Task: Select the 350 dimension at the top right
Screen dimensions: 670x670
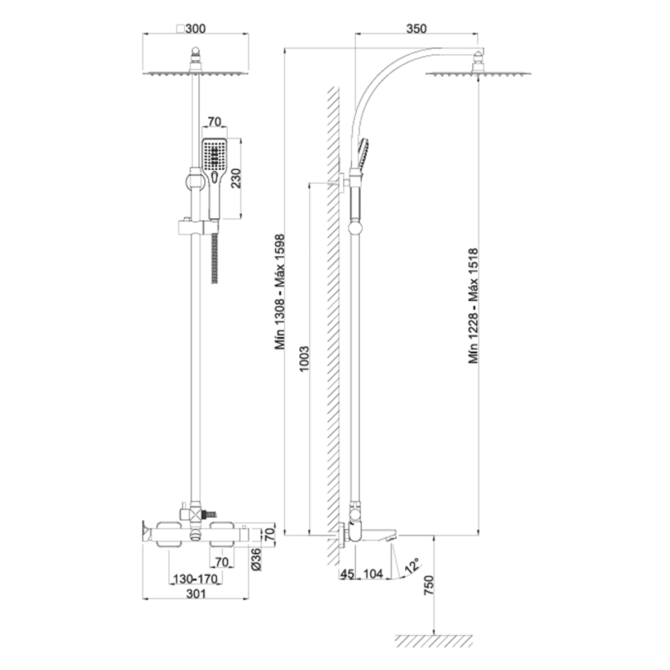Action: [x=417, y=28]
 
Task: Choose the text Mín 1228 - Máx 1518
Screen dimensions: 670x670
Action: [x=474, y=306]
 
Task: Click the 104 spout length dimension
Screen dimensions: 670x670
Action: [x=373, y=573]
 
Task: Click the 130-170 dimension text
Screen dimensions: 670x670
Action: [x=195, y=578]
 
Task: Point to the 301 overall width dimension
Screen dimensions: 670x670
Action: [x=195, y=594]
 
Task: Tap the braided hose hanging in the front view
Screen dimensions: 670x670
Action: [x=214, y=260]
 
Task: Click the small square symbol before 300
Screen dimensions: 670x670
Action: [x=180, y=28]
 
